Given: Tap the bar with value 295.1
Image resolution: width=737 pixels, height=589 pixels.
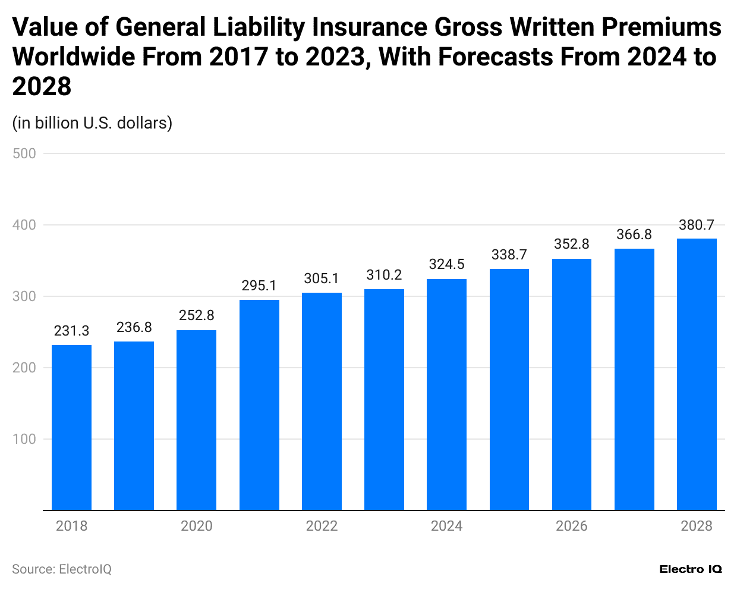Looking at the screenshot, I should tap(259, 405).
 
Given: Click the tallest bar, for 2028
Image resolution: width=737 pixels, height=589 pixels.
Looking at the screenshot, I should tap(697, 374).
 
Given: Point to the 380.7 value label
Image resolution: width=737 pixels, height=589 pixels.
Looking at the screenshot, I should tap(697, 225).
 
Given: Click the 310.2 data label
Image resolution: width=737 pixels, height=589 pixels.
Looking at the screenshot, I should tap(384, 275).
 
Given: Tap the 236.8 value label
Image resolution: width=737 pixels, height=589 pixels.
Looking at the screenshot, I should tap(134, 327).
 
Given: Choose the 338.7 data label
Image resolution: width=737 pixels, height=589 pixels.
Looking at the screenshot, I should tap(509, 255).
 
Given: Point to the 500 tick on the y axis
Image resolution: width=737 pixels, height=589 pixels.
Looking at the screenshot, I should tap(24, 153).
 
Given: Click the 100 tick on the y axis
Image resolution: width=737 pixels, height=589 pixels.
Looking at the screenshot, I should tap(24, 439).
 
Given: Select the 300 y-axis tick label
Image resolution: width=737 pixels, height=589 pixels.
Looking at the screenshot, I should tap(24, 296).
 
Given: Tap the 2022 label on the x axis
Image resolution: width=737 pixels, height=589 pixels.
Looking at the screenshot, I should tap(322, 526).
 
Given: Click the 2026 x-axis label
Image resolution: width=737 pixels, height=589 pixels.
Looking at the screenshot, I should tap(571, 526).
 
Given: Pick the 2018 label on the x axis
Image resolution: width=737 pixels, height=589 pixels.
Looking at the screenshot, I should tap(71, 526).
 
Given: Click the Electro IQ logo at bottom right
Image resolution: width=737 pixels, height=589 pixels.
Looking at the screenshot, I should tap(691, 569).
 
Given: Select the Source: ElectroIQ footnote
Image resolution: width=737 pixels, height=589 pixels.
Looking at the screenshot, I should tap(62, 569).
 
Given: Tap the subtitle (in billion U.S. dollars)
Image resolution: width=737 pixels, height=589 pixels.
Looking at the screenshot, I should tap(92, 123).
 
